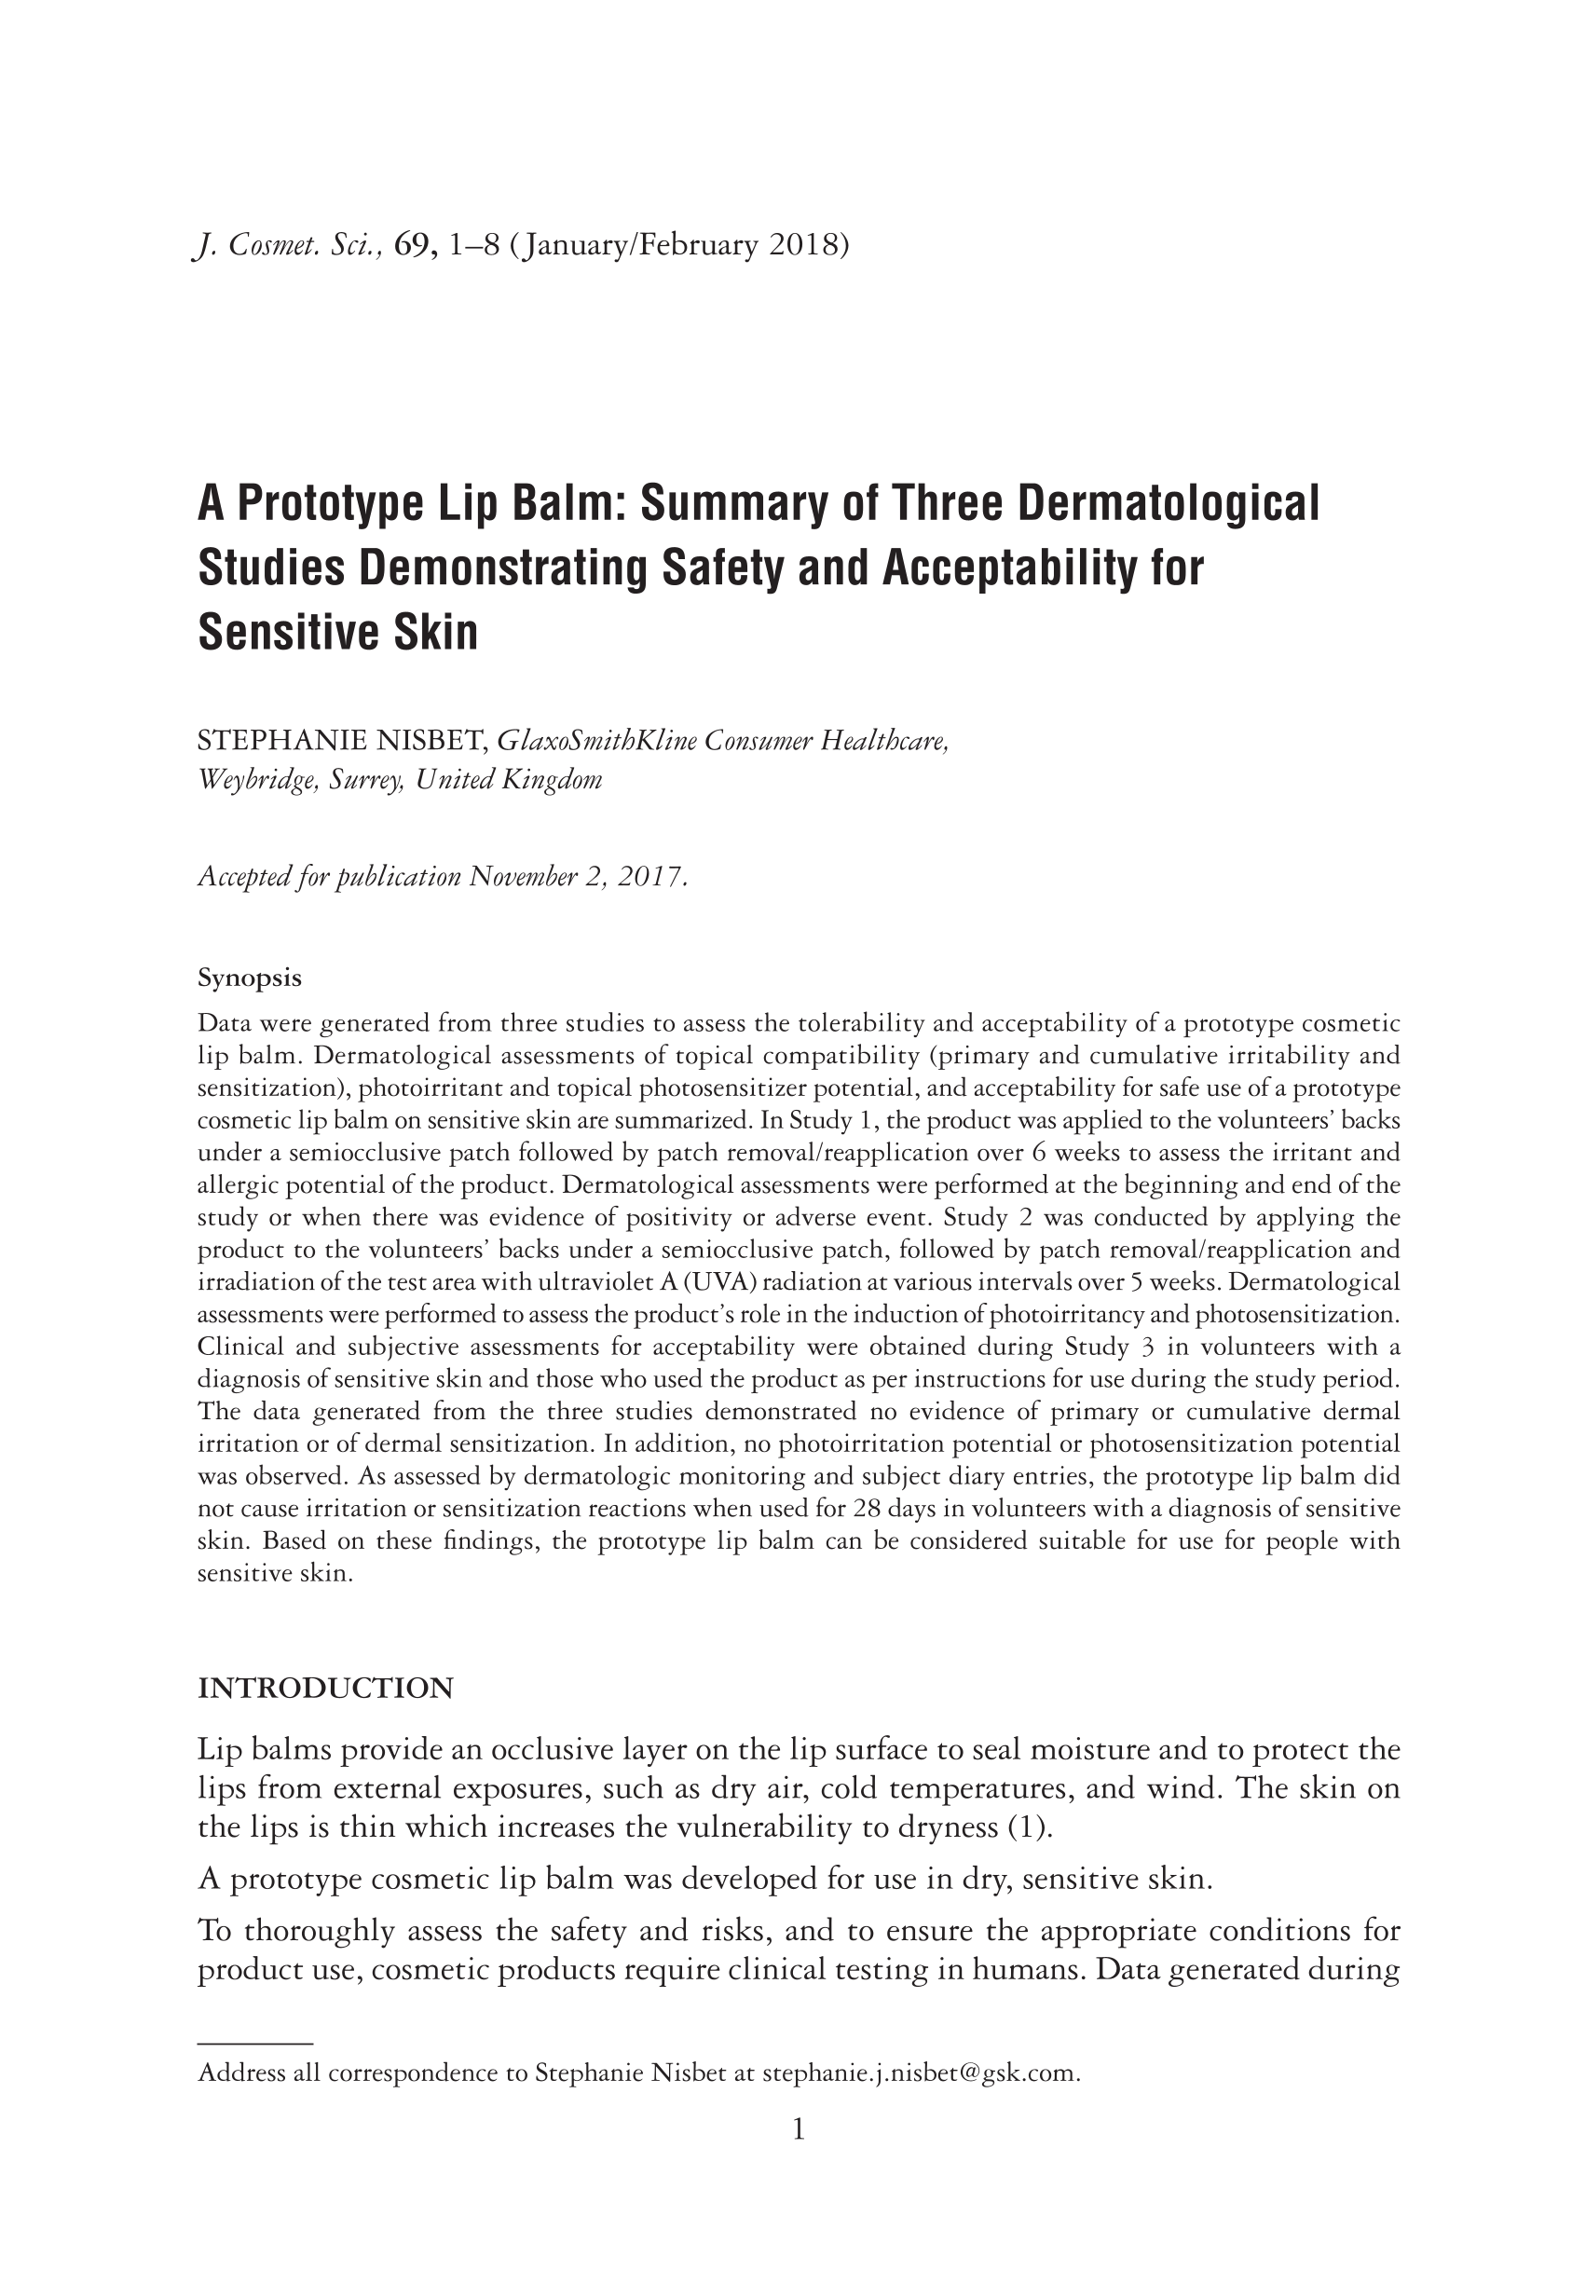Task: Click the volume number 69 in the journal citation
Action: click(x=410, y=245)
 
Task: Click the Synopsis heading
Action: click(x=249, y=978)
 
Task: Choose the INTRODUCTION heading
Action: click(x=325, y=1688)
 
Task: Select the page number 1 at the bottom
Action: click(x=799, y=2131)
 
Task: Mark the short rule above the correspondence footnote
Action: click(x=255, y=2044)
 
